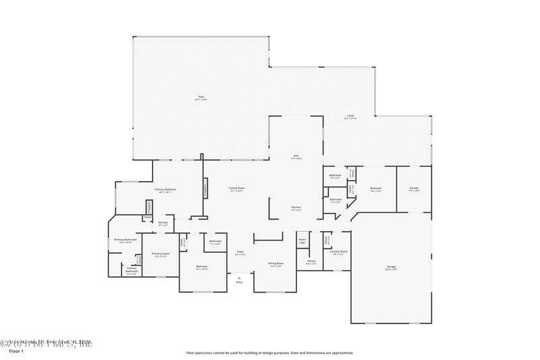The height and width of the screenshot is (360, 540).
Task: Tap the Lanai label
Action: (x=350, y=116)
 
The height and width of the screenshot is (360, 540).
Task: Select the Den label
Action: (x=296, y=156)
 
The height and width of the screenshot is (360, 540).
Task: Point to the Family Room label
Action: (x=236, y=188)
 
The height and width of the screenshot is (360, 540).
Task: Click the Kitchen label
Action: (x=296, y=207)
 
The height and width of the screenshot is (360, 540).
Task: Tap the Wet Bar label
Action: (x=163, y=223)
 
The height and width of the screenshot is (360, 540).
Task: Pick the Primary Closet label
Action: (x=161, y=254)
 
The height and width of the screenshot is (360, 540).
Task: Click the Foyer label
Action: (x=240, y=253)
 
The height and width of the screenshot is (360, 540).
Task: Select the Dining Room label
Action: (x=275, y=263)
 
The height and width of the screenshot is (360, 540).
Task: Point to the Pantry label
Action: (x=311, y=261)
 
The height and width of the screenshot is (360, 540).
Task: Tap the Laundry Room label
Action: (x=339, y=252)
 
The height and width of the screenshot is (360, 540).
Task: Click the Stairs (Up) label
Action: (x=302, y=240)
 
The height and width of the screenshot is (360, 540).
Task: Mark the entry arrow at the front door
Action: (x=239, y=277)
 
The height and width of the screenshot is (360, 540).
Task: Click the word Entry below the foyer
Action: (x=239, y=282)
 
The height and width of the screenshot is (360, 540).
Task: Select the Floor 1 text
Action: (x=16, y=352)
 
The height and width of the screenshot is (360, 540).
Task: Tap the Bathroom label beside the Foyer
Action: (x=215, y=241)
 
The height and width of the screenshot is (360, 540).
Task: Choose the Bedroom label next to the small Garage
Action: (x=376, y=189)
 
